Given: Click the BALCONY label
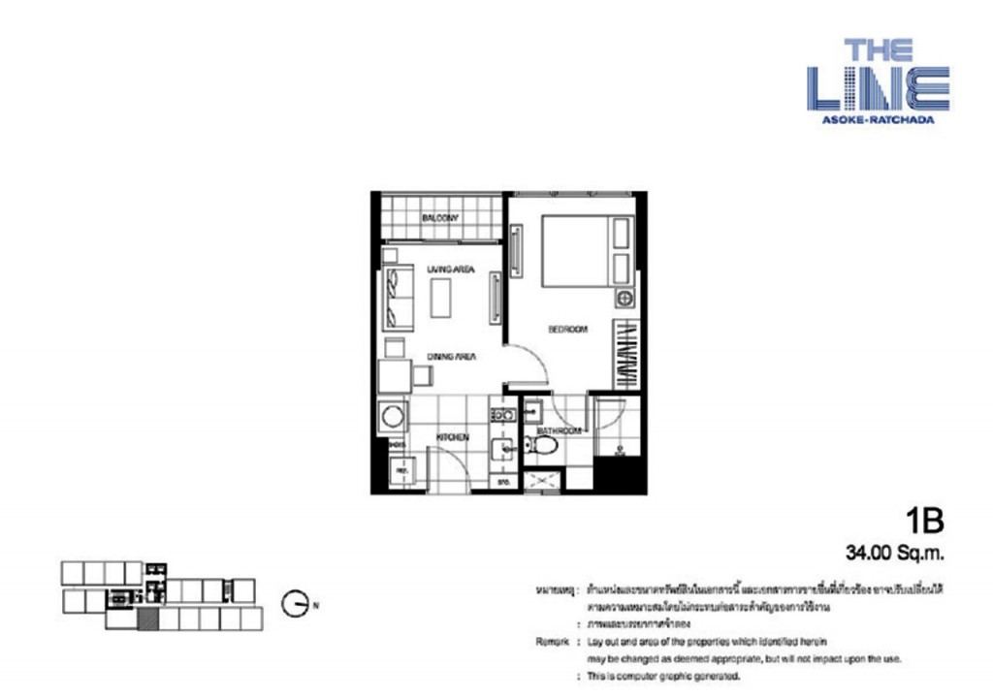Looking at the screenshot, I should [439, 218].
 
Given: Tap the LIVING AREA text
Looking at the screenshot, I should [450, 269].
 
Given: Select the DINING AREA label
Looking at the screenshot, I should [451, 357].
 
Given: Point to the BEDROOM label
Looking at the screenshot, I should [567, 330].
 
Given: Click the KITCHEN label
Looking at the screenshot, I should [452, 437].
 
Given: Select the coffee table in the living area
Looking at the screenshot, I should [441, 298].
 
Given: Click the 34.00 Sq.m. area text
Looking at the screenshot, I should [895, 556].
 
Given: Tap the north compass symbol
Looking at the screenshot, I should [297, 604].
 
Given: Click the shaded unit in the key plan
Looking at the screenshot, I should [147, 620].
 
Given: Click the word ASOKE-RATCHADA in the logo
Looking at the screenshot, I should [878, 121].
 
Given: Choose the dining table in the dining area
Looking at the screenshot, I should [394, 376].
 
